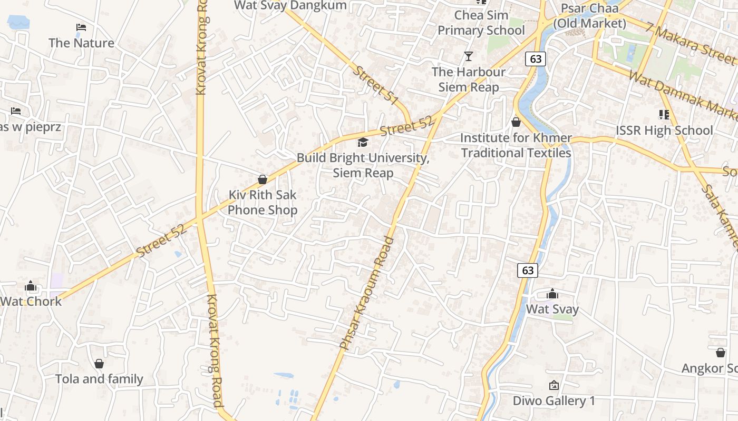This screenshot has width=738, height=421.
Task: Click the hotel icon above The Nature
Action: (x=81, y=27)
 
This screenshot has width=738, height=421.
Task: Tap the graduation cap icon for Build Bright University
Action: (x=363, y=142)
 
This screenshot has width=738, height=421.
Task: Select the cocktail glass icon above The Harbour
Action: (x=468, y=56)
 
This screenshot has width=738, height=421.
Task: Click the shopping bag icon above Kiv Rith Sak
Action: (x=263, y=179)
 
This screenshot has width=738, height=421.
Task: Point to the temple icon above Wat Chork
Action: (x=31, y=286)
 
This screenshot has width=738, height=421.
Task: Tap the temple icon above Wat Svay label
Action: (x=552, y=294)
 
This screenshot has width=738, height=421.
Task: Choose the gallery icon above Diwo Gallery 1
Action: (x=553, y=385)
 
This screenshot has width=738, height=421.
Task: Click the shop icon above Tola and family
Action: (x=99, y=364)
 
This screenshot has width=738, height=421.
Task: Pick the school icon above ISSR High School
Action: (x=664, y=114)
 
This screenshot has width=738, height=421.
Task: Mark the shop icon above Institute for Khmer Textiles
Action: (x=516, y=122)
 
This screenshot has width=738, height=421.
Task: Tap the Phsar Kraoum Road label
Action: (x=367, y=294)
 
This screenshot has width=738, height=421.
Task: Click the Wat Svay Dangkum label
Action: (x=290, y=5)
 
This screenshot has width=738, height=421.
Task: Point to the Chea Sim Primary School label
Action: (x=481, y=23)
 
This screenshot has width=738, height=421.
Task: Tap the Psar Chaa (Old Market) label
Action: (x=589, y=16)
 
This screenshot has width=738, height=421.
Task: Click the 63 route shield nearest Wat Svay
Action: (x=528, y=270)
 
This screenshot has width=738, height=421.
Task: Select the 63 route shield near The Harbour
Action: (x=536, y=59)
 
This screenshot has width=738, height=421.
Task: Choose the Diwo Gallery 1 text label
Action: (x=553, y=401)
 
